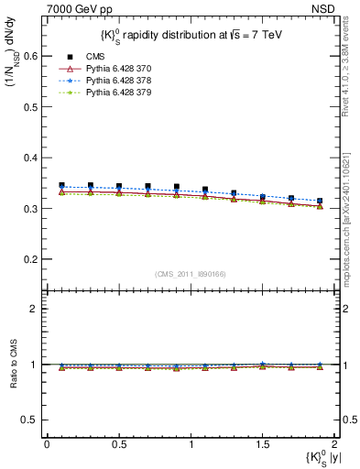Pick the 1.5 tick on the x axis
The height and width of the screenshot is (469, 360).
(x=263, y=444)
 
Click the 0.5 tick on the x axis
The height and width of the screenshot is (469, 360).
(x=118, y=444)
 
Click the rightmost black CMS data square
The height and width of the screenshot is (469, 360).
(x=320, y=201)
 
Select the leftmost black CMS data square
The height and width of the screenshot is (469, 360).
(x=61, y=185)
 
